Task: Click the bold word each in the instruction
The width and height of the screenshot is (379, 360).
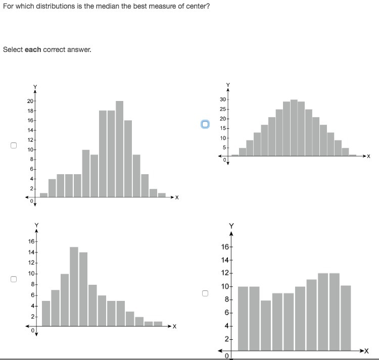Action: click(x=33, y=49)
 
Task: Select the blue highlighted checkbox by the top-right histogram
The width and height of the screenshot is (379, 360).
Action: click(x=205, y=124)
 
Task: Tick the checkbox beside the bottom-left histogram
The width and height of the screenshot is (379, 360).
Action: click(x=14, y=279)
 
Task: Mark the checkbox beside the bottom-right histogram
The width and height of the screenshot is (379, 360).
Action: click(x=205, y=293)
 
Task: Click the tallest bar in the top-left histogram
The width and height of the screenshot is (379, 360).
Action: click(x=119, y=149)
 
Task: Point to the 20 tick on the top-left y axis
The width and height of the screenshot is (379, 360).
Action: click(x=30, y=101)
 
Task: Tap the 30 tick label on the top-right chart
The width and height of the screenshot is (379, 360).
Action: click(x=223, y=100)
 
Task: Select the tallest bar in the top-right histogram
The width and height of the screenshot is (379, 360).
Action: click(x=294, y=128)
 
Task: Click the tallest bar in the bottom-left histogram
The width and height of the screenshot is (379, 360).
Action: click(x=74, y=286)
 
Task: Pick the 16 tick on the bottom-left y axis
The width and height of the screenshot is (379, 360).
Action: click(x=31, y=242)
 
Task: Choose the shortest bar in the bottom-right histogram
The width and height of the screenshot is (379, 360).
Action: click(x=265, y=326)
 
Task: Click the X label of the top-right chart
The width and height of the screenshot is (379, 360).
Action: click(x=368, y=157)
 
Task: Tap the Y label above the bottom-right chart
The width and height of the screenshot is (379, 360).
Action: click(x=231, y=225)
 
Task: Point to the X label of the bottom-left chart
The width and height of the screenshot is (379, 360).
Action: click(x=174, y=326)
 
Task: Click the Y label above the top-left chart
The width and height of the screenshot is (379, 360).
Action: click(x=35, y=87)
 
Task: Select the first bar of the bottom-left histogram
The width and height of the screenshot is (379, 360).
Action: click(x=46, y=313)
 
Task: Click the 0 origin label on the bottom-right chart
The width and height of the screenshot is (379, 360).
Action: click(x=227, y=356)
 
